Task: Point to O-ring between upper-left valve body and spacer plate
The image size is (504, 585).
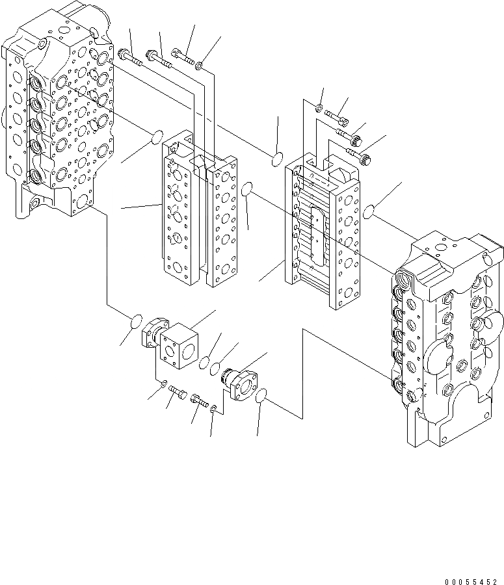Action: (x=156, y=138)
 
